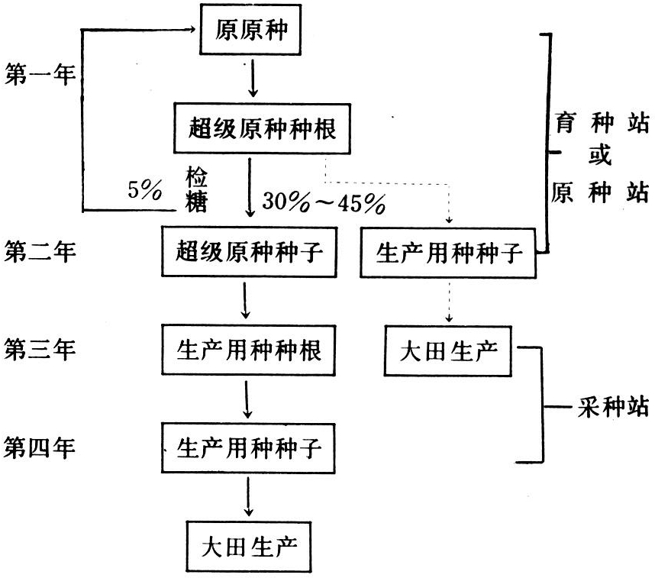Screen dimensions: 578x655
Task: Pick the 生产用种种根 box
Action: coord(249,351)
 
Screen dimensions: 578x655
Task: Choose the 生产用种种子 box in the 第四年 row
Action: coord(249,447)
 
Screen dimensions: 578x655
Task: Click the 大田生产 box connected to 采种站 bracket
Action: coord(450,351)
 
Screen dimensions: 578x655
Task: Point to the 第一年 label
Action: coord(40,76)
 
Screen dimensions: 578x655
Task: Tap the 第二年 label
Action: coord(40,252)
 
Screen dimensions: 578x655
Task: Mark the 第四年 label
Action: coord(40,447)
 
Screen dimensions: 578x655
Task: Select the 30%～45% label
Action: coord(321,202)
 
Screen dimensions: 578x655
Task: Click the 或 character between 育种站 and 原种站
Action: coord(600,155)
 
